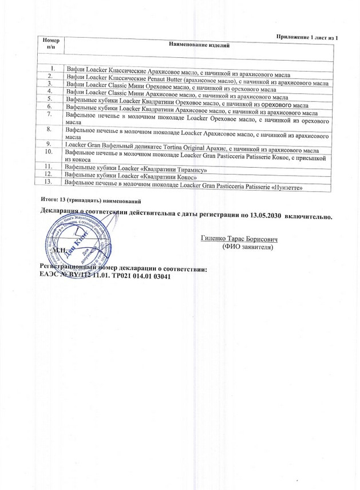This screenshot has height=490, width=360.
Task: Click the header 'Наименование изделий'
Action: pos(199,45)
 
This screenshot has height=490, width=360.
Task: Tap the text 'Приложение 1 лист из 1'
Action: pos(308,37)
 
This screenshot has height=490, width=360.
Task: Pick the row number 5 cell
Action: pos(50,98)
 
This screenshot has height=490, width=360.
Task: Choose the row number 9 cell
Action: pos(50,143)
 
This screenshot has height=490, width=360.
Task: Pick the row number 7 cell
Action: pos(50,117)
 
